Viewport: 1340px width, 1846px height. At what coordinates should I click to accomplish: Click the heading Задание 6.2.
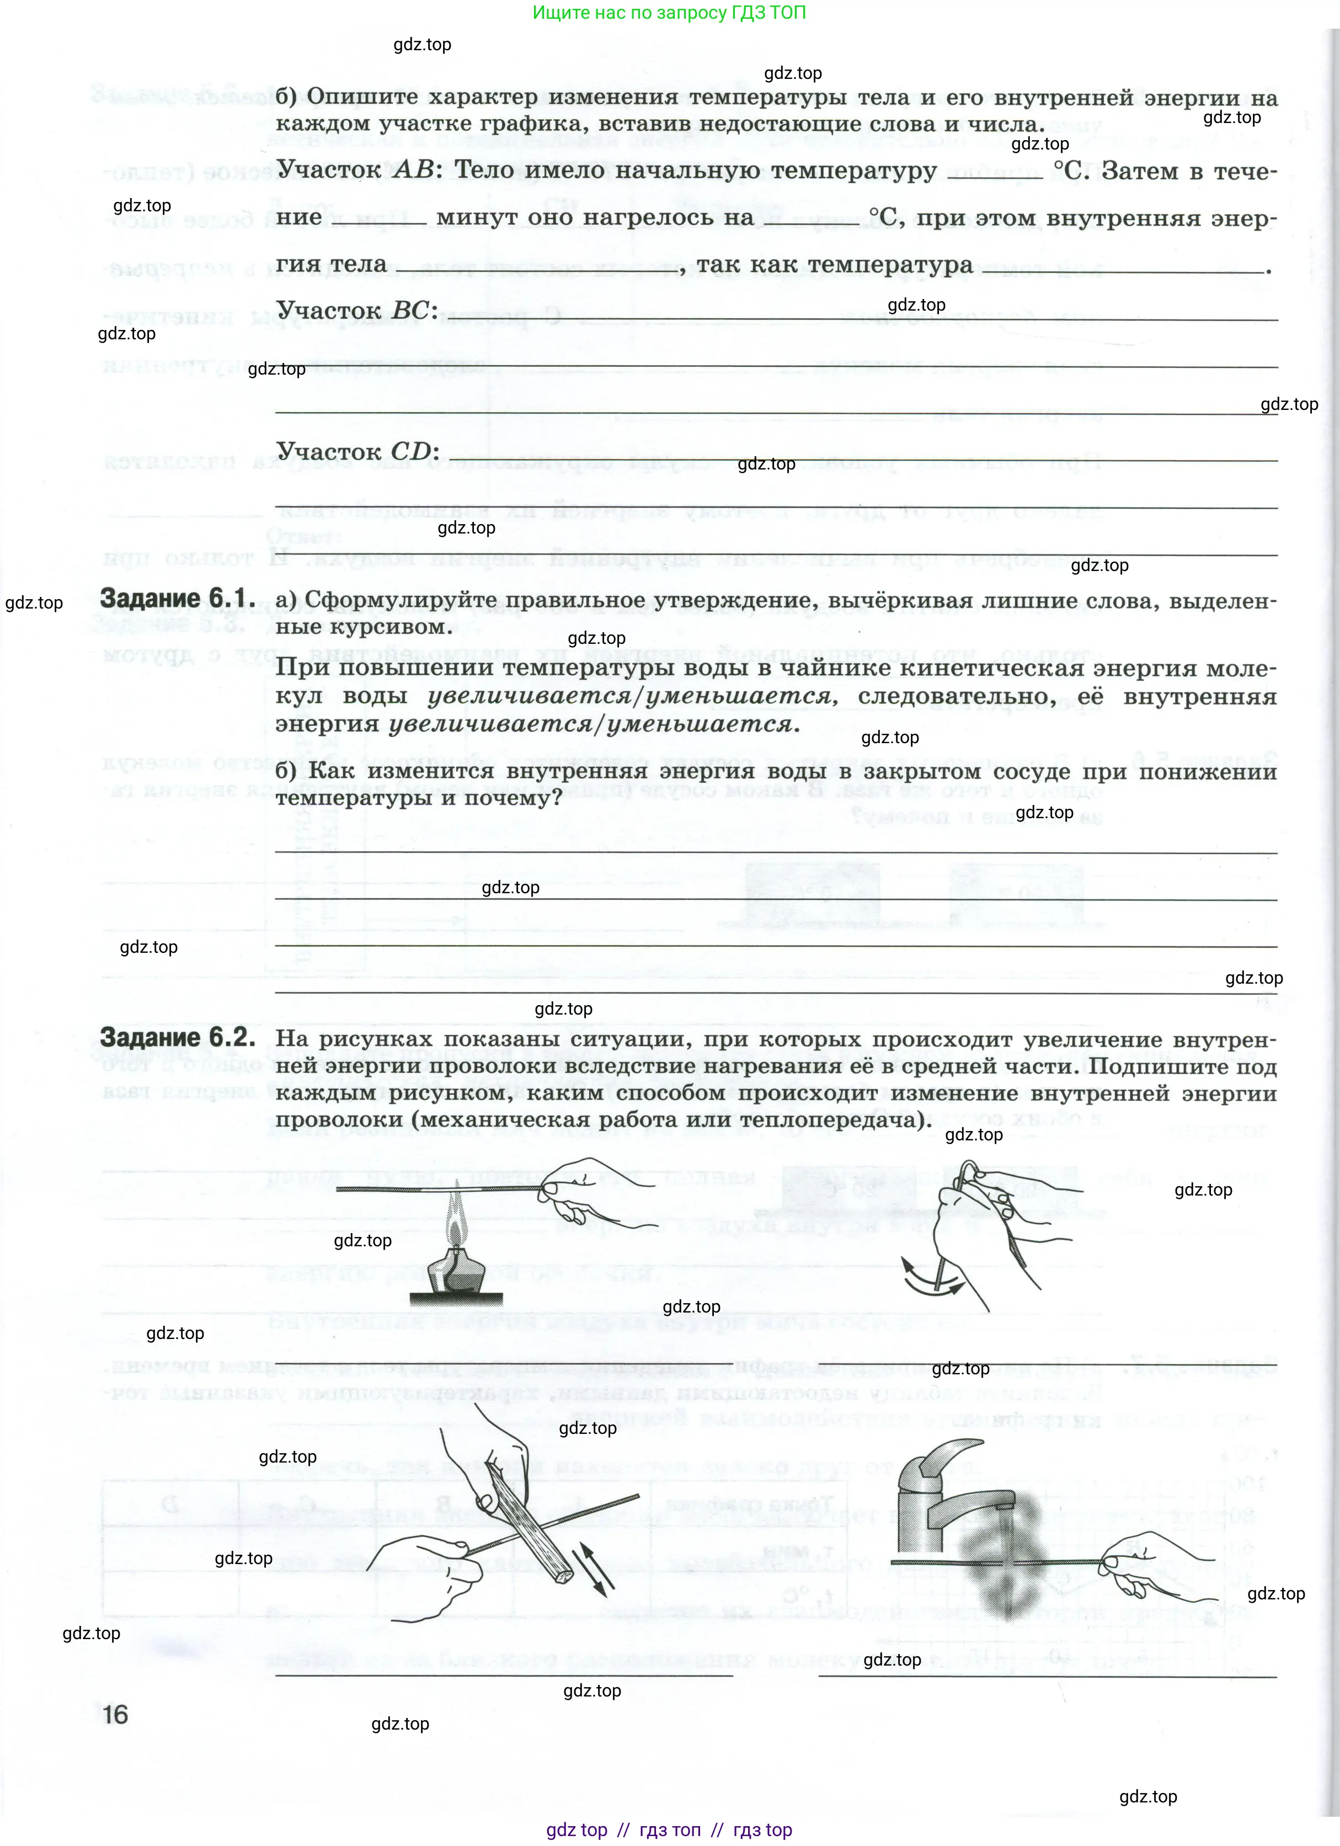pos(177,1038)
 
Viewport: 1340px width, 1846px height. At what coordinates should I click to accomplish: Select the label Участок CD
pos(357,452)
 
